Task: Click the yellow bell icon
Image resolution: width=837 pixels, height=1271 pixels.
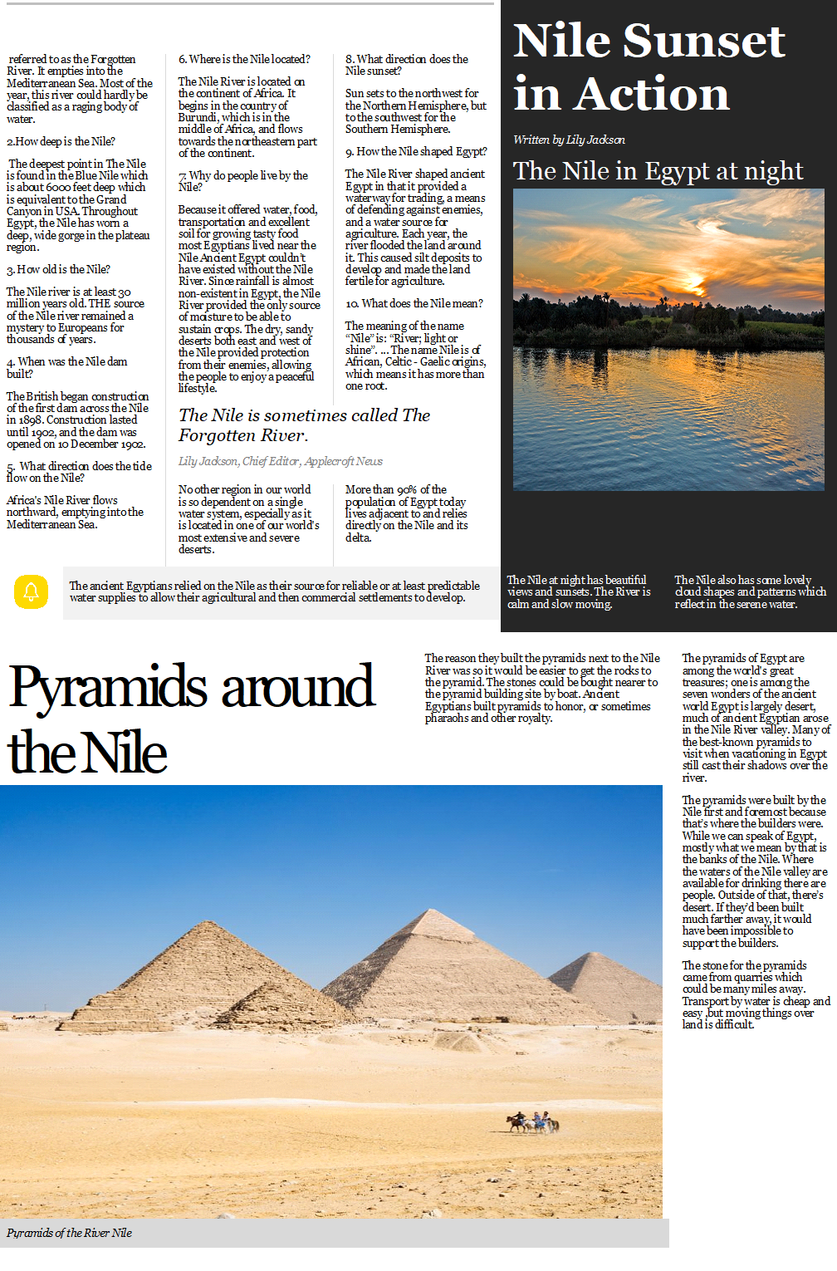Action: coord(32,592)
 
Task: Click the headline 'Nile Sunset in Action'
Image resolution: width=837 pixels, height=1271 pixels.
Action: coord(649,66)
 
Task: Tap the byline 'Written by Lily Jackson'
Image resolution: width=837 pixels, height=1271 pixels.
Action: coord(569,140)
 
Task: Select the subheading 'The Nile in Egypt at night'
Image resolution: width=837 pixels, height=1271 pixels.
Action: coord(658,171)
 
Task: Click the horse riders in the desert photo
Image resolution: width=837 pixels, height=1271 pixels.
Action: coord(533,1122)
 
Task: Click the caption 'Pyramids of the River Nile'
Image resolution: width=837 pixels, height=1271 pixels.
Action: coord(70,1233)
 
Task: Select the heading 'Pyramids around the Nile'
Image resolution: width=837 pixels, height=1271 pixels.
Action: coord(191,719)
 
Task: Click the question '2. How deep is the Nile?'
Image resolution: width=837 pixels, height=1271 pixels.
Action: coord(61,141)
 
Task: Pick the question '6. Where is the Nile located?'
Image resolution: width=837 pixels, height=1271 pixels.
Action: coord(244,59)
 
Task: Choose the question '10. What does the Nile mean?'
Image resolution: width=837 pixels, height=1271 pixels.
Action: coord(414,303)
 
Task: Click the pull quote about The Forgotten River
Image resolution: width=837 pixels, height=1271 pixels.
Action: coord(304,424)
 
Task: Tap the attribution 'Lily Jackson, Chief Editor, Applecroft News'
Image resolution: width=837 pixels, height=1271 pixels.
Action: coord(281,461)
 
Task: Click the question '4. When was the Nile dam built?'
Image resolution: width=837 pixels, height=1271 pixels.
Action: coord(66,367)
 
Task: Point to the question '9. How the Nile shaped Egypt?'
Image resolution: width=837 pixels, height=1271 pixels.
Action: coord(416,151)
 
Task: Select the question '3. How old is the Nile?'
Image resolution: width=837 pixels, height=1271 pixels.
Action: coord(58,269)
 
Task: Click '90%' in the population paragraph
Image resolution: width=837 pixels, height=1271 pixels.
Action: coord(407,489)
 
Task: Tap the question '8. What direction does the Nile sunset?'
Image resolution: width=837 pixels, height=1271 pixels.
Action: coord(406,65)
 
